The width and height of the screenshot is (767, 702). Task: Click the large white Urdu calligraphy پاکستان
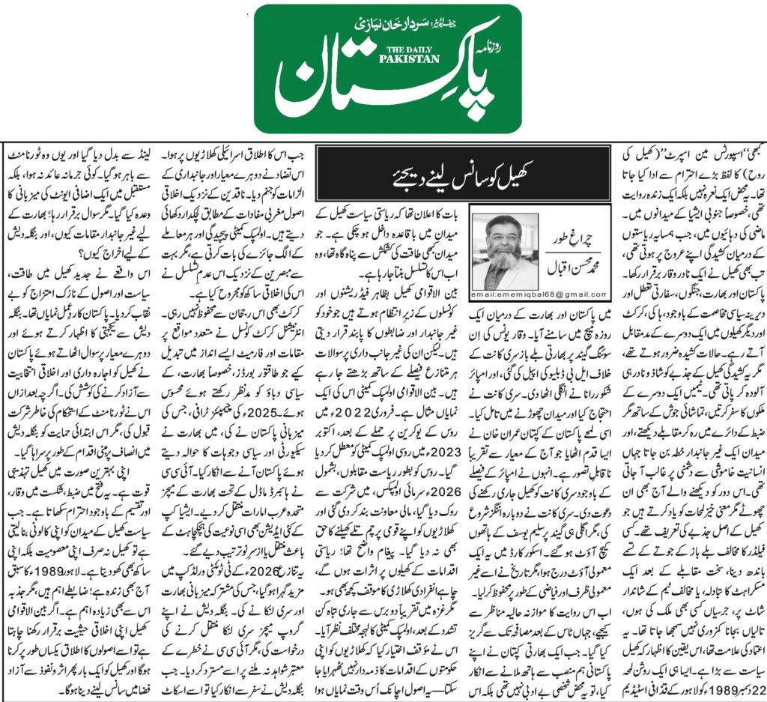[x=382, y=90]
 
